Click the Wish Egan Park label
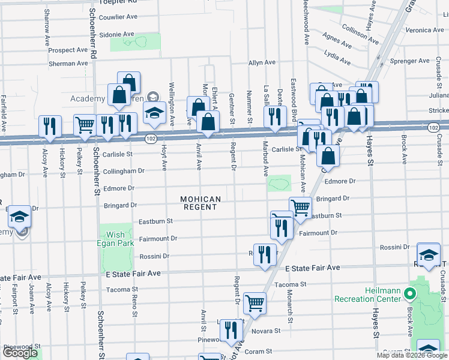coord(115,239)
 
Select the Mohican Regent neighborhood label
coord(200,203)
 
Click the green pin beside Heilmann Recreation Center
coord(410,294)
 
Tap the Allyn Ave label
coord(262,62)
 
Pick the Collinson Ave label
coord(360,35)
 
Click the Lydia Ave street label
coord(337,57)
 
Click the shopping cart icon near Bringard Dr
coord(300,207)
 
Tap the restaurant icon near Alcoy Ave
coord(49,125)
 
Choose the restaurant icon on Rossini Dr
coord(265,254)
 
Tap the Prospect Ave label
coord(68,50)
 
